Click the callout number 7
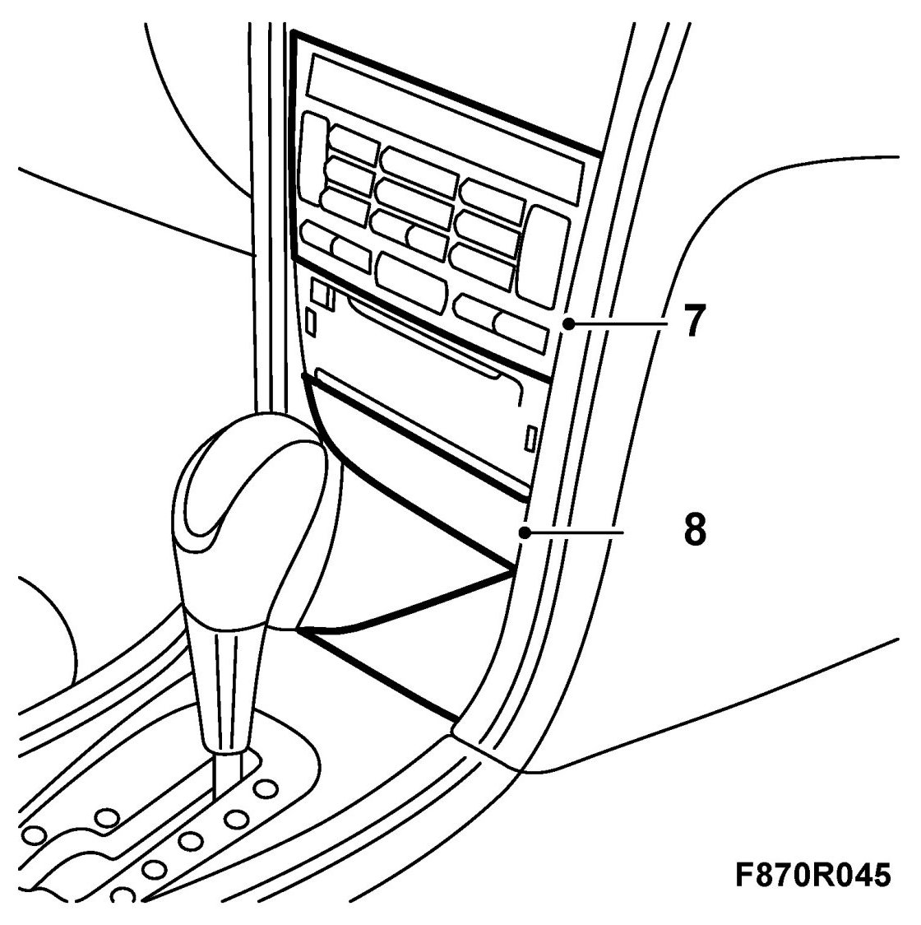(x=693, y=322)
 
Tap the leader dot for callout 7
(x=567, y=325)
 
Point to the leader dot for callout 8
(x=524, y=534)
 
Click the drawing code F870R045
(x=812, y=875)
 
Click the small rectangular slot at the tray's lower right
(x=531, y=437)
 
